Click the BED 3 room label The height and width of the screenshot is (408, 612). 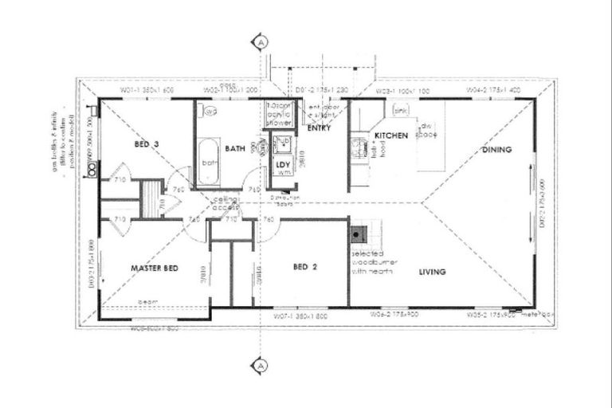147,144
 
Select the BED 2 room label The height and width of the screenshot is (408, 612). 304,267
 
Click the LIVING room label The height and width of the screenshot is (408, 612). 432,272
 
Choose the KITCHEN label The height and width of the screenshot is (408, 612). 391,135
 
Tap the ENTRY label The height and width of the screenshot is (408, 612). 319,127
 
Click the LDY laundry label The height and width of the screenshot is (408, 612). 282,165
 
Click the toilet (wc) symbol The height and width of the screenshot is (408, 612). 210,112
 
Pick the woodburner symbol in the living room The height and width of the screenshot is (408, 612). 359,234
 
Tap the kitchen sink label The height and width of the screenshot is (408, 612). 401,110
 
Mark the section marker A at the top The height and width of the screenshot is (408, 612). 259,41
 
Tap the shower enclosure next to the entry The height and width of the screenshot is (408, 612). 278,115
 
